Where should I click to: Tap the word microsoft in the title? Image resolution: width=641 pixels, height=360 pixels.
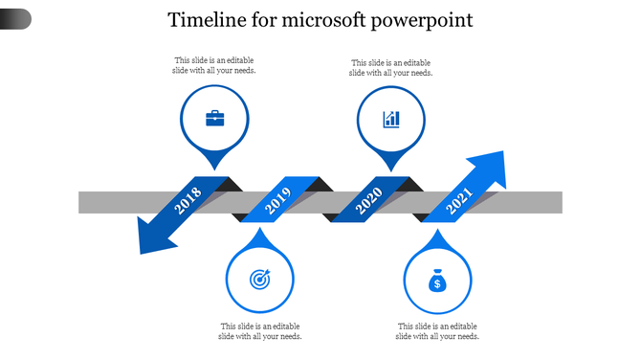tap(322, 20)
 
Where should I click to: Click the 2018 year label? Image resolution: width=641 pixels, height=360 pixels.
tap(188, 201)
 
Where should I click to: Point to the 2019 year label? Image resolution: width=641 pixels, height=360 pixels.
tap(277, 201)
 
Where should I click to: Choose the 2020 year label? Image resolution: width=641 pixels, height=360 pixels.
tap(369, 201)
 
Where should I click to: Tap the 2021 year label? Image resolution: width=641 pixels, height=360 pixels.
tap(460, 201)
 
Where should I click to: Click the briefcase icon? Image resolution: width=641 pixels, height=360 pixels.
tap(215, 119)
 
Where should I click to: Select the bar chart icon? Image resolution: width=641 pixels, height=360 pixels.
tap(391, 119)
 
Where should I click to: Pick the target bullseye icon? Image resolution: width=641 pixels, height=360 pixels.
tap(259, 280)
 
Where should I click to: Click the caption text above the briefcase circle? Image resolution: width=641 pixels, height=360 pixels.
tap(215, 65)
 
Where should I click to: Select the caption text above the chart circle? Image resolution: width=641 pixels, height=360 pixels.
tap(391, 67)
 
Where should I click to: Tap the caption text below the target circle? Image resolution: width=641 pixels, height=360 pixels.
tap(260, 331)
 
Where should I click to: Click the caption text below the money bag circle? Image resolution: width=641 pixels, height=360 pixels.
tap(437, 331)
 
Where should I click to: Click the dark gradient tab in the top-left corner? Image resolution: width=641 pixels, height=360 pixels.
tap(15, 18)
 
